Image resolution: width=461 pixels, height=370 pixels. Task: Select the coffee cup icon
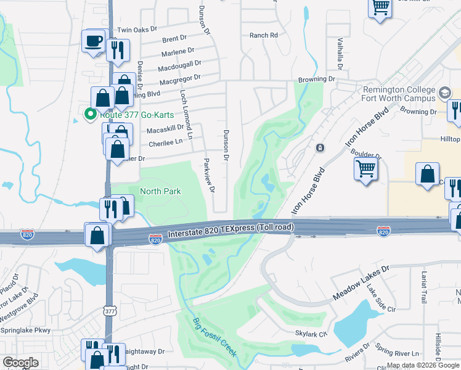click(94, 42)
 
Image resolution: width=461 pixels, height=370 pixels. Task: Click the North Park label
click(160, 191)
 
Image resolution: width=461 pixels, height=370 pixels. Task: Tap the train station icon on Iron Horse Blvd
click(320, 148)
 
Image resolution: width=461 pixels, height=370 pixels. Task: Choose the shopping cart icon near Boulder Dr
click(366, 168)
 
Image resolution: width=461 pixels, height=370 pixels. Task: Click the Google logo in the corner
click(20, 363)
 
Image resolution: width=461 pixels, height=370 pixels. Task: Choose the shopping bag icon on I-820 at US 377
click(97, 236)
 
